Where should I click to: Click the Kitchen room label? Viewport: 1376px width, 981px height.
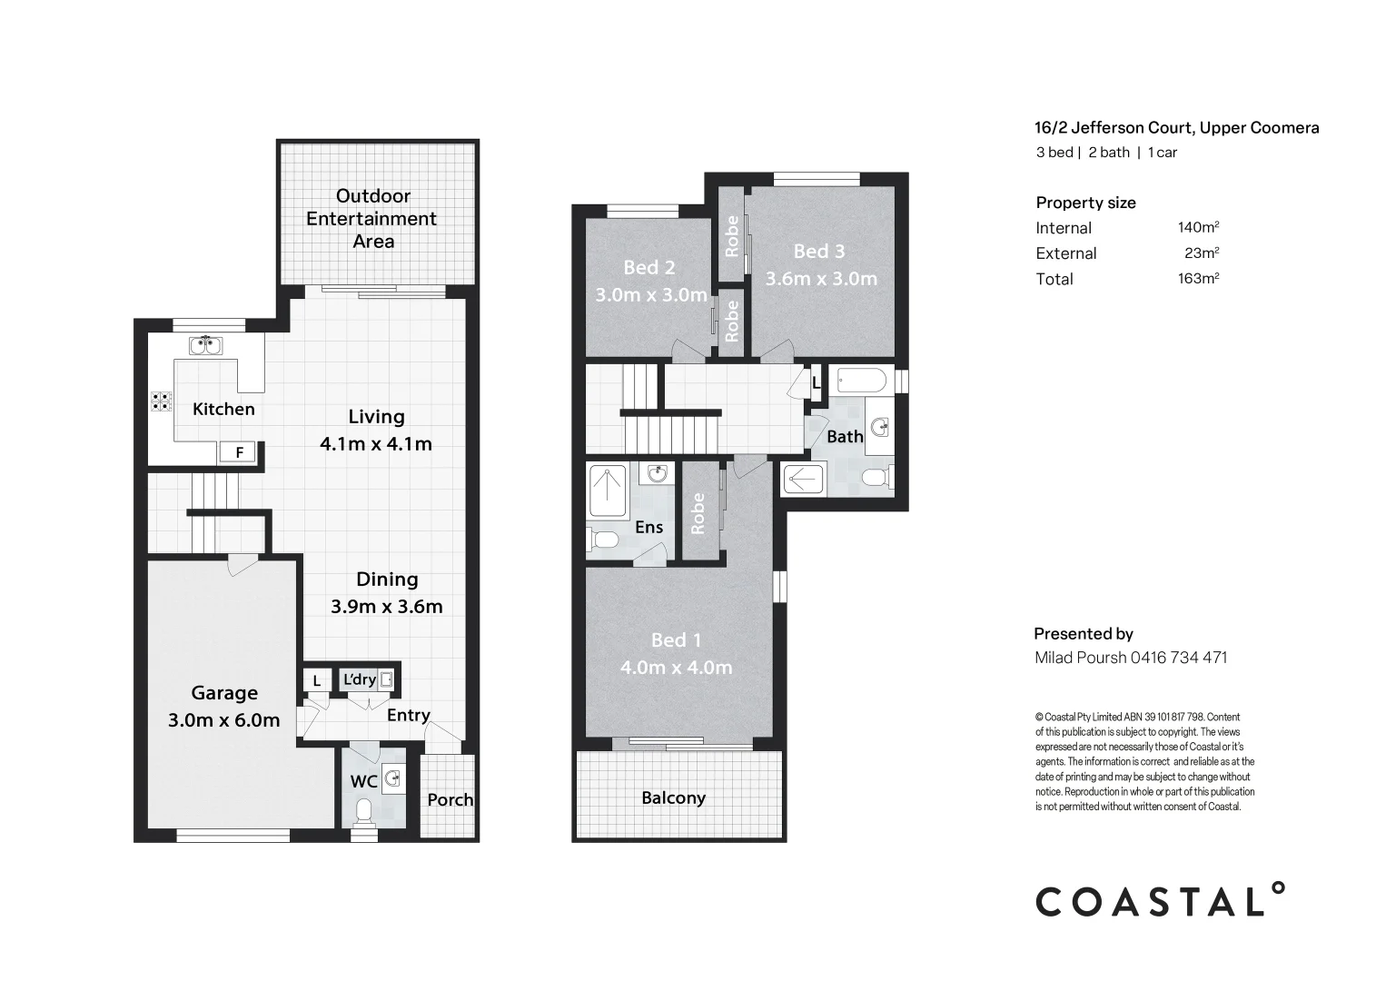(x=223, y=410)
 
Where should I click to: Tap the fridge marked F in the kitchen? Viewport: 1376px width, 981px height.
(x=239, y=451)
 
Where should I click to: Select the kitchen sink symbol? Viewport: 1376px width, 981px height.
(x=206, y=345)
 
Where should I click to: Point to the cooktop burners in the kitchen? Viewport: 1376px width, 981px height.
(x=162, y=401)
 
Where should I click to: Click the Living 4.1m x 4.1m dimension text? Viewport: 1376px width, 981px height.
(x=375, y=444)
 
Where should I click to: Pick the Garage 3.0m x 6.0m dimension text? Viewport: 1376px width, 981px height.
(x=223, y=720)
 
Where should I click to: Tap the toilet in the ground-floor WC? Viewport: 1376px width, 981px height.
(x=364, y=809)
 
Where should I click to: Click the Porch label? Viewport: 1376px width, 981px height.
(x=450, y=799)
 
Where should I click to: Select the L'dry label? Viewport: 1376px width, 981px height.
(x=359, y=679)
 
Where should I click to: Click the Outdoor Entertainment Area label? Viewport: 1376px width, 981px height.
(x=372, y=219)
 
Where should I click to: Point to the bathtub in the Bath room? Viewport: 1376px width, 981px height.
(x=860, y=381)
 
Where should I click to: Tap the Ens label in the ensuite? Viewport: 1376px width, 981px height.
(x=648, y=527)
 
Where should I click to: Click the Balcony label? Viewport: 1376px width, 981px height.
(x=673, y=798)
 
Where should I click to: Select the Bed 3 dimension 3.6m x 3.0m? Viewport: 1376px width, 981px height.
(x=821, y=279)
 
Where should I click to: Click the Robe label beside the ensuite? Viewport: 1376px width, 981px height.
(x=698, y=513)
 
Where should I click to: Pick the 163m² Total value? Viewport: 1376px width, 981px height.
(x=1197, y=278)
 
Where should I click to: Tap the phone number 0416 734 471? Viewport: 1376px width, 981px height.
(x=1178, y=658)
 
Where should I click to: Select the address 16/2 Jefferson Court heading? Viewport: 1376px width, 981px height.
(x=1177, y=128)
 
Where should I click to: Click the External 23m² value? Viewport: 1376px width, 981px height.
(x=1201, y=253)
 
